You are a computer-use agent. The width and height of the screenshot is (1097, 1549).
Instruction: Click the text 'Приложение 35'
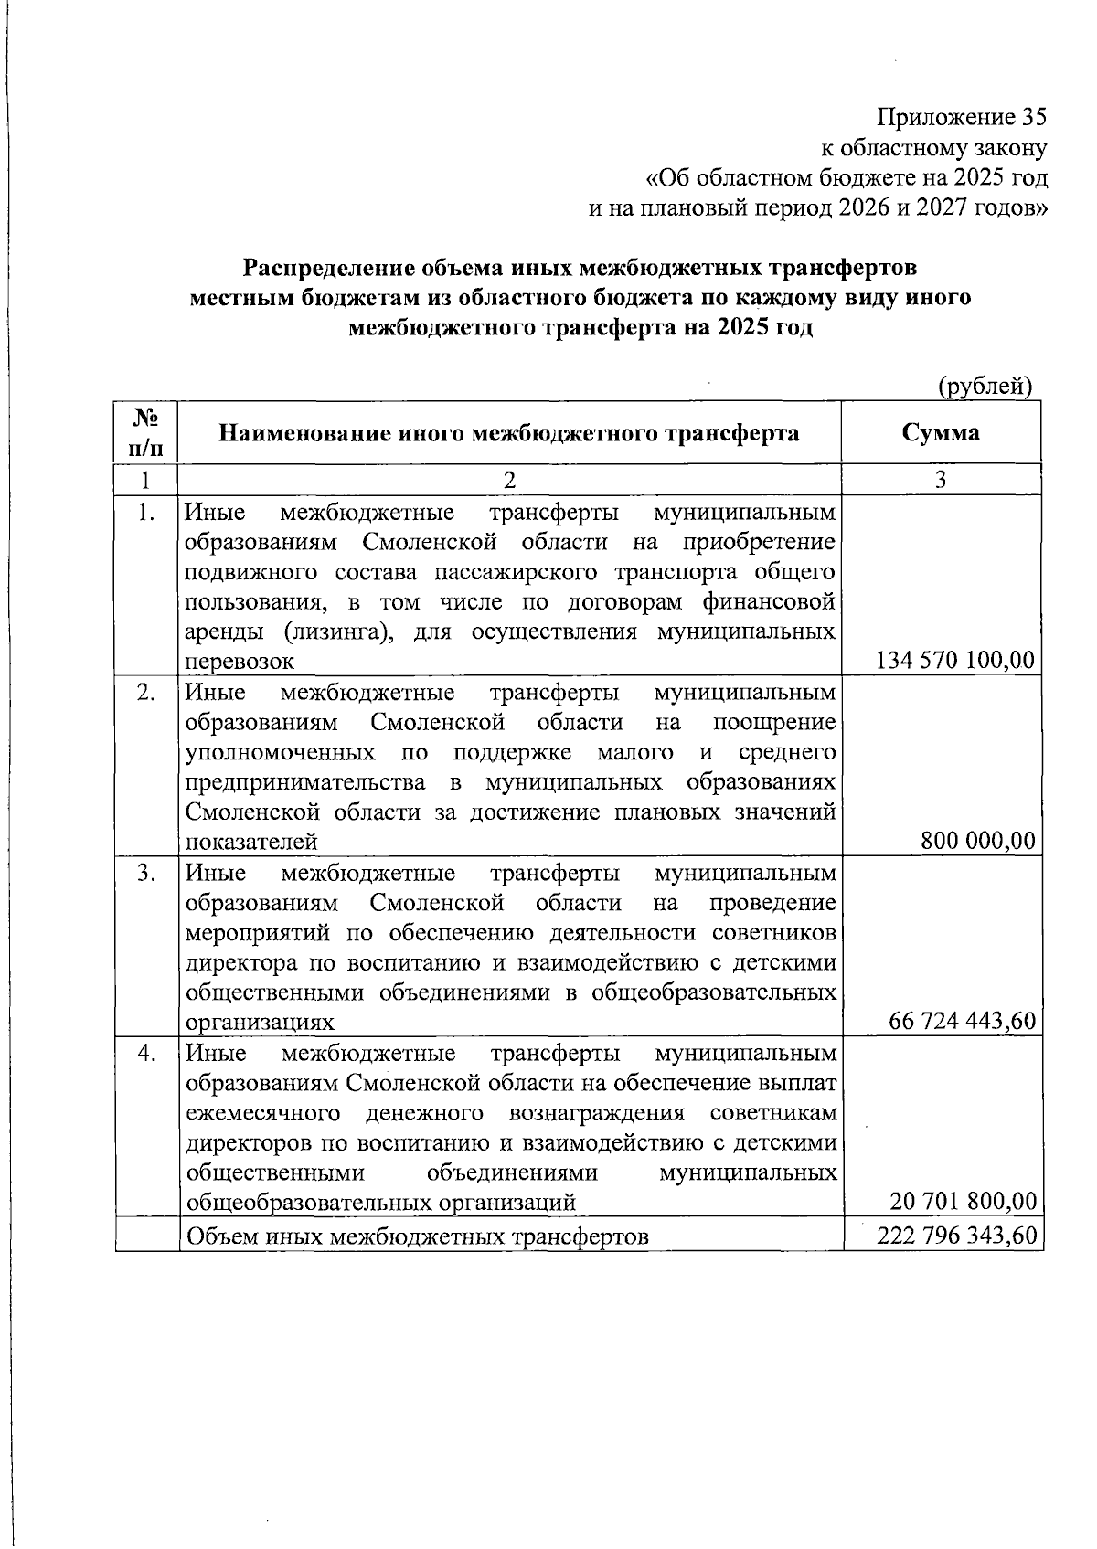coord(960,118)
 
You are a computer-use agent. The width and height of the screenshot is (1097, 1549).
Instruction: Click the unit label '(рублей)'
coord(985,387)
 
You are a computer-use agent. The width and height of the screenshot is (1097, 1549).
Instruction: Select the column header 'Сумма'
coord(940,431)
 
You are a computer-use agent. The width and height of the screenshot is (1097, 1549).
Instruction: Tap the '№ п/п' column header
coord(145,431)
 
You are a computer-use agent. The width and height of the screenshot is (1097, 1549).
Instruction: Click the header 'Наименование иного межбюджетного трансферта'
coord(508,432)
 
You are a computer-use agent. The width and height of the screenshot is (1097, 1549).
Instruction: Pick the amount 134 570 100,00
coord(955,661)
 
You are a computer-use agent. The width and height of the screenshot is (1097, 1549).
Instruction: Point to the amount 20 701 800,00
coord(963,1201)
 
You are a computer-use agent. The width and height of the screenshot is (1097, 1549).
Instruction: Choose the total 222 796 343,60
coord(956,1236)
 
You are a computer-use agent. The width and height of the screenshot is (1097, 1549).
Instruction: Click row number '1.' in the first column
coord(145,512)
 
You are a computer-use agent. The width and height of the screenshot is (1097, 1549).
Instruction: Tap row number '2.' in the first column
coord(145,692)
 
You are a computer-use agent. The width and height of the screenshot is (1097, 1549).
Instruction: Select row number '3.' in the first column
coord(145,872)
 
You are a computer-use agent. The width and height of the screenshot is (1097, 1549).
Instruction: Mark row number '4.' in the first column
coord(145,1052)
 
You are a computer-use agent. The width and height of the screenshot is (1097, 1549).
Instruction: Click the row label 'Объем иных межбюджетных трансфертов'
coord(417,1236)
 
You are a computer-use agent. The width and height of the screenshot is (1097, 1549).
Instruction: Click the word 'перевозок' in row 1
coord(240,662)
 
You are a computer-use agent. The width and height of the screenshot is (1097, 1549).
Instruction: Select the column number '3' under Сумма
coord(941,479)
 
